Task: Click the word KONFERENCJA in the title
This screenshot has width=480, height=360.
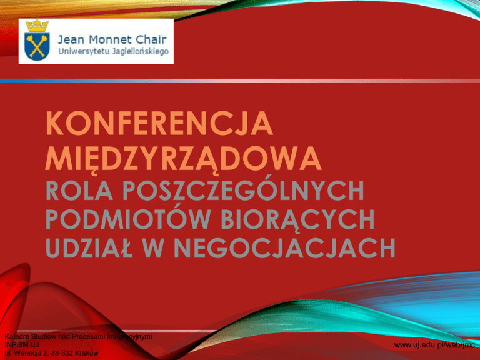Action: click(x=159, y=123)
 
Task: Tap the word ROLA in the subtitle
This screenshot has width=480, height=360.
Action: click(x=79, y=191)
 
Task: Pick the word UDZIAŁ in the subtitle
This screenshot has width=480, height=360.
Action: click(x=89, y=247)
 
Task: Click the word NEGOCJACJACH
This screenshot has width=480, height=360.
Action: click(x=285, y=247)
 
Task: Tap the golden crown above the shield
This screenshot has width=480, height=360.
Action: click(x=37, y=26)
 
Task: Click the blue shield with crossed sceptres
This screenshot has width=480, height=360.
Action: click(x=37, y=46)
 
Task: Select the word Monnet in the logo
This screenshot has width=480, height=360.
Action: click(x=111, y=39)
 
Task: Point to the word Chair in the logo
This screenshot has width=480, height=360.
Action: click(x=151, y=39)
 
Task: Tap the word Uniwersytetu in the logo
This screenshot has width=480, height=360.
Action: click(x=84, y=51)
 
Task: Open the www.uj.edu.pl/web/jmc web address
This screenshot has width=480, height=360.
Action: click(x=434, y=345)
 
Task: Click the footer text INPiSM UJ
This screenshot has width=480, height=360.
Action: click(x=22, y=345)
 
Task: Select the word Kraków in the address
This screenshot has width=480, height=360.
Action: click(x=86, y=353)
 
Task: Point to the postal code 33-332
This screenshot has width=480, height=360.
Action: click(x=62, y=353)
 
